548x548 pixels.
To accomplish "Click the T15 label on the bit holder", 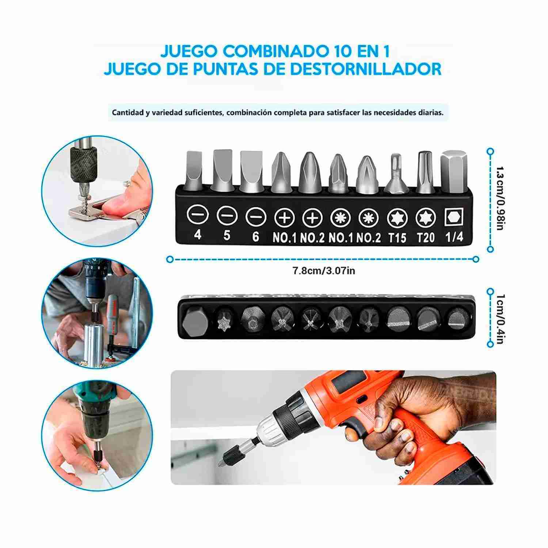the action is (x=397, y=237).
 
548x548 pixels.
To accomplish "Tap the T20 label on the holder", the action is (x=426, y=237).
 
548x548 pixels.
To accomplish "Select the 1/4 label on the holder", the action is (x=454, y=237).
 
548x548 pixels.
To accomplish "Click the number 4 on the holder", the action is (x=198, y=235).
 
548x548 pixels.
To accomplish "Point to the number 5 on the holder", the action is (x=227, y=235).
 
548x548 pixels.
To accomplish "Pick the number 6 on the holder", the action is (x=255, y=236).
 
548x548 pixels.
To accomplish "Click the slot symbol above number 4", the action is (x=198, y=214).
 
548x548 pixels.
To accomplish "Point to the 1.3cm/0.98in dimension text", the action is (x=501, y=198).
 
